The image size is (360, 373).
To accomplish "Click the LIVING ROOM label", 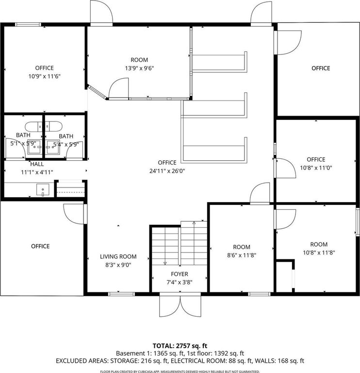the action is point(118,256).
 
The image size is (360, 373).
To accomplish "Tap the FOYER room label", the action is point(180,274).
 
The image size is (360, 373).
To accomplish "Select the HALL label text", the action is point(37,164).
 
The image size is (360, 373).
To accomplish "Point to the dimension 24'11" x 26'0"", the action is point(167,171).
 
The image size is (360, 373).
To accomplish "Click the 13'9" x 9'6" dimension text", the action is point(139,68).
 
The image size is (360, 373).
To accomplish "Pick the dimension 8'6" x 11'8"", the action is point(242,255).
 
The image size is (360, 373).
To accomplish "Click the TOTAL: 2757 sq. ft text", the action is point(180,346).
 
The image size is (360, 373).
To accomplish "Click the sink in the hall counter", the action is point(43,189).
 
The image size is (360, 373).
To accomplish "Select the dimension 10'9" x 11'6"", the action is point(45,76).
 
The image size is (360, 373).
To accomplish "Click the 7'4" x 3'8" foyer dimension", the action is point(180,282).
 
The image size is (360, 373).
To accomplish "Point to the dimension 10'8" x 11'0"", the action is point(316,168).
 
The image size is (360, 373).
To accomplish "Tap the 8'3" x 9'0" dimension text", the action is point(118,265).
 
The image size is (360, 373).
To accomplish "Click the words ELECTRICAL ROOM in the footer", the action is point(198,361).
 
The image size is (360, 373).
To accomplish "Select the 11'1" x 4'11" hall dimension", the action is point(37,172).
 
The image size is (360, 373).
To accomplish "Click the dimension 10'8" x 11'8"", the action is point(319,253).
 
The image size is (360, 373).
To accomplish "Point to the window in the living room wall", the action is point(121,294).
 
